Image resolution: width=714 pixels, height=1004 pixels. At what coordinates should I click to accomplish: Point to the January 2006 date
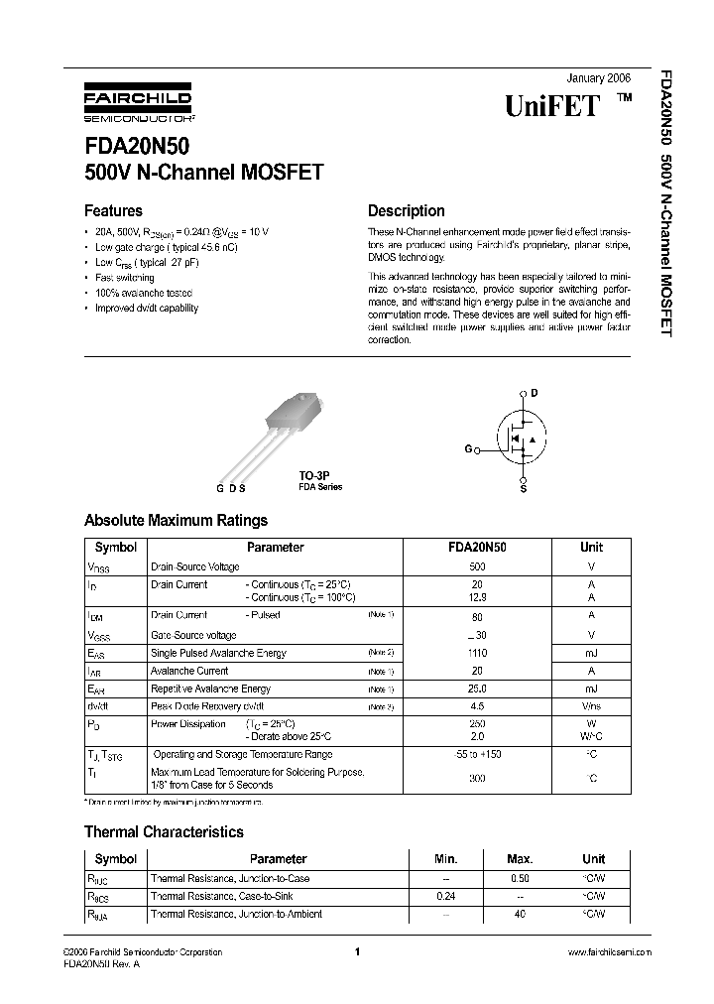598,78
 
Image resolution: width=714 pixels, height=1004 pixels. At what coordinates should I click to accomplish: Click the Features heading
113,210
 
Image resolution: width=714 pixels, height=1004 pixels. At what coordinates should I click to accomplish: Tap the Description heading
406,210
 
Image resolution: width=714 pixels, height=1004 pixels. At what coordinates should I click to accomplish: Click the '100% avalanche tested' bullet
144,293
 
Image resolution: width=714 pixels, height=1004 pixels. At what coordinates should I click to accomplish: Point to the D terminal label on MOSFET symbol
535,393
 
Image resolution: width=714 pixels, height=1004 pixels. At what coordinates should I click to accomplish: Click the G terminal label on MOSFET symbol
467,449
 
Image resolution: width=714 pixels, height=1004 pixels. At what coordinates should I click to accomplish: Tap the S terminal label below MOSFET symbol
524,489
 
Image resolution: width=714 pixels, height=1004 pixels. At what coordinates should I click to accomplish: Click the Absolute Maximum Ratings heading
176,520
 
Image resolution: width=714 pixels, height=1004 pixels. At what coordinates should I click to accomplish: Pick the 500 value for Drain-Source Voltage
477,566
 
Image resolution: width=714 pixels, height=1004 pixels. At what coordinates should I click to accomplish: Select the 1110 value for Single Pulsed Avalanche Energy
477,653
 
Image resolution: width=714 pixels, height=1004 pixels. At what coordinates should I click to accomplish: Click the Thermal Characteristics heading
164,831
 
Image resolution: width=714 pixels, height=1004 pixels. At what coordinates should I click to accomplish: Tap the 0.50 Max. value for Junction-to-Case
519,878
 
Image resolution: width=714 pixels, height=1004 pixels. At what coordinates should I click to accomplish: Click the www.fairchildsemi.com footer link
609,951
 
